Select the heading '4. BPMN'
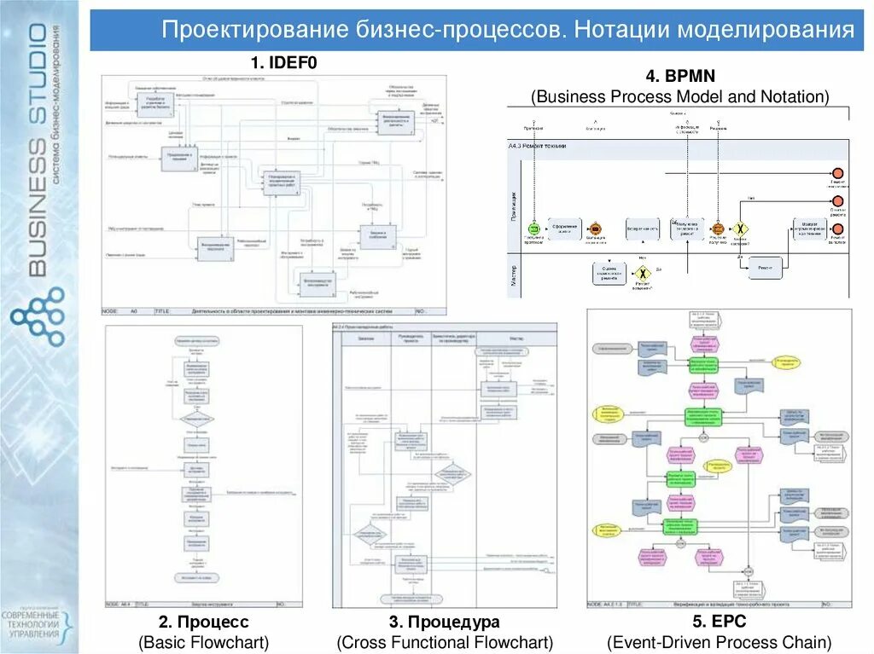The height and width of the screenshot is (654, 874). click(x=680, y=77)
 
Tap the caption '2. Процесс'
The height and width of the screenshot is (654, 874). click(x=204, y=622)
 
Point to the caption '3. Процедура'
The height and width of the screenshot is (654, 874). click(x=444, y=622)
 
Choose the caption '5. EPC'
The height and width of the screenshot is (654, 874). click(x=719, y=622)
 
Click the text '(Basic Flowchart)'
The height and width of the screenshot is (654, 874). click(x=204, y=641)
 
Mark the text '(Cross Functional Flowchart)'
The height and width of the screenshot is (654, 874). click(x=445, y=641)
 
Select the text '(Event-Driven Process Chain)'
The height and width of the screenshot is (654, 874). click(x=719, y=641)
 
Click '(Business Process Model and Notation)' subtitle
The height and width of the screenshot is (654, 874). click(x=680, y=96)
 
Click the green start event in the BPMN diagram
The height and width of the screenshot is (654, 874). click(x=533, y=229)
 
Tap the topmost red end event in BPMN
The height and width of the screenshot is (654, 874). click(x=837, y=173)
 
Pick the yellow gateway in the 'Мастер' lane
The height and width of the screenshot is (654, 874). click(x=641, y=273)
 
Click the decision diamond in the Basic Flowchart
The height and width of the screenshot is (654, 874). click(x=196, y=418)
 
